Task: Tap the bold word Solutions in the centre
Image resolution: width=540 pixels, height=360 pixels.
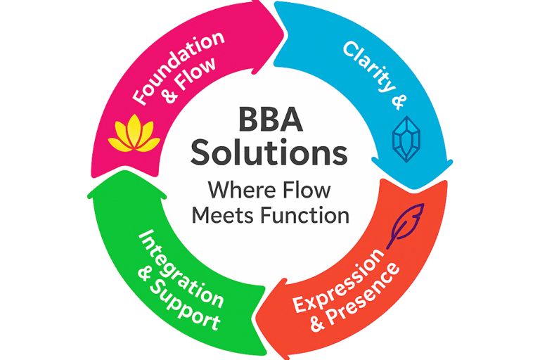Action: point(270,153)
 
